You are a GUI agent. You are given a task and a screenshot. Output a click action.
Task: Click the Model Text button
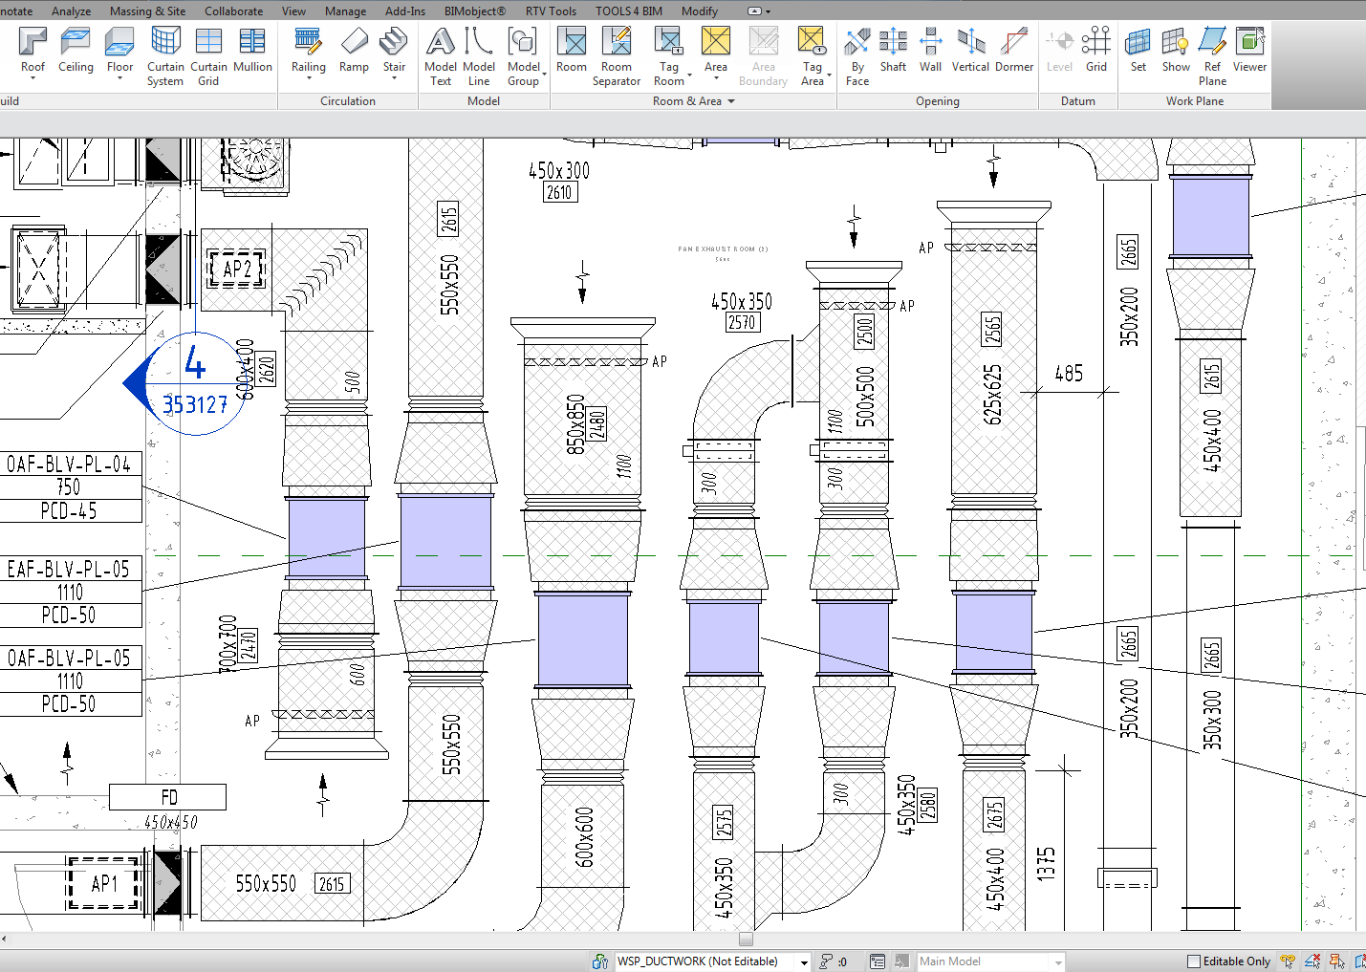440,55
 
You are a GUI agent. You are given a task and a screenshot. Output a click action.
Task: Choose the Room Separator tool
617,55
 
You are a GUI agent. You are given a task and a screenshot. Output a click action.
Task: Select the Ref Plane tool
1212,55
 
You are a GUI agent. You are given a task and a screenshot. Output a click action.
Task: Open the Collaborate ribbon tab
233,11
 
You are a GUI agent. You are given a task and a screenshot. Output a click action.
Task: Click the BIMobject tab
474,11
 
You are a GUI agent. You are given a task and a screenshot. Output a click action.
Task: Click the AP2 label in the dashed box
236,270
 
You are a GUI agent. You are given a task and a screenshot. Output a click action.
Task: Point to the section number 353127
195,405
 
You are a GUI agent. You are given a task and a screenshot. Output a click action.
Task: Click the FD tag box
168,797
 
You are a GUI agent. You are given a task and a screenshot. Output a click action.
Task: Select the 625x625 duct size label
994,394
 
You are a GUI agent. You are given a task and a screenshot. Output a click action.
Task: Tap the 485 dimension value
1069,374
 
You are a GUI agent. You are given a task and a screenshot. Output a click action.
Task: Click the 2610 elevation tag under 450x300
559,193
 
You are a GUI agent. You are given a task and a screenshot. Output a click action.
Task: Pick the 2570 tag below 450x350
742,323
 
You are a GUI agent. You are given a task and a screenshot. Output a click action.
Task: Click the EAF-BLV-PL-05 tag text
69,570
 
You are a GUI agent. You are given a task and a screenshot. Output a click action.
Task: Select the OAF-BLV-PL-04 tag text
69,464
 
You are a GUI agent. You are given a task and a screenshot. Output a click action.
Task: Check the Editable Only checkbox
1193,961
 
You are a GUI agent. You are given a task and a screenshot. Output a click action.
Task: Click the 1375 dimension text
1047,863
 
